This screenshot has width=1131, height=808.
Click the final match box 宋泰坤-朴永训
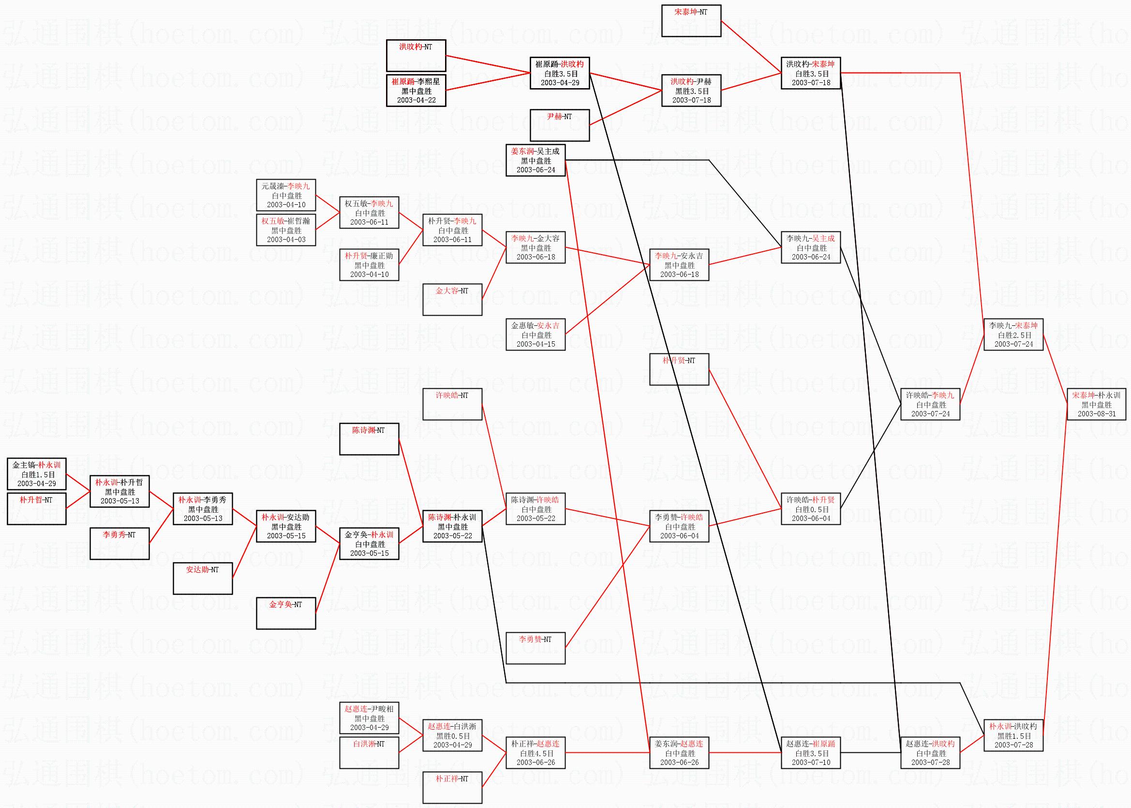(x=1096, y=404)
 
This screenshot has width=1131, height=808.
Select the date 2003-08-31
(x=1096, y=413)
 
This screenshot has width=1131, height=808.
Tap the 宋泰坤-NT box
(x=690, y=20)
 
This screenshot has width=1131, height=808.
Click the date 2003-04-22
(x=416, y=100)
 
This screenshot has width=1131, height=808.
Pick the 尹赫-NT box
(x=559, y=125)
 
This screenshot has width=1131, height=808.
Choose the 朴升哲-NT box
(x=36, y=508)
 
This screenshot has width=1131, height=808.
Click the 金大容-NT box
(x=452, y=299)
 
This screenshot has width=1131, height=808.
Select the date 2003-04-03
(x=286, y=239)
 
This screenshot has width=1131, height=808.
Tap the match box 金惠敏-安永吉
(x=536, y=335)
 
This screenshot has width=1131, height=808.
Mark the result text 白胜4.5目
(x=536, y=753)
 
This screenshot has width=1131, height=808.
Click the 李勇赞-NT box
(x=536, y=647)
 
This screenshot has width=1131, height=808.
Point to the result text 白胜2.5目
(x=1013, y=335)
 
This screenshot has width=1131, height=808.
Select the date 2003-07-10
(x=811, y=762)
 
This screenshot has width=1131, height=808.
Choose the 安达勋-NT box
(x=202, y=578)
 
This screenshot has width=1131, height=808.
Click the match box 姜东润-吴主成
(x=536, y=160)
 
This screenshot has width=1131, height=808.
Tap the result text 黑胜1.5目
(x=1013, y=736)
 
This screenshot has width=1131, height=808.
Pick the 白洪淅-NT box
(x=369, y=752)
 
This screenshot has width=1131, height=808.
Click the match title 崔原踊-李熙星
(x=416, y=82)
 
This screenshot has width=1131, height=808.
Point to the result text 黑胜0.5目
(x=452, y=736)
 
